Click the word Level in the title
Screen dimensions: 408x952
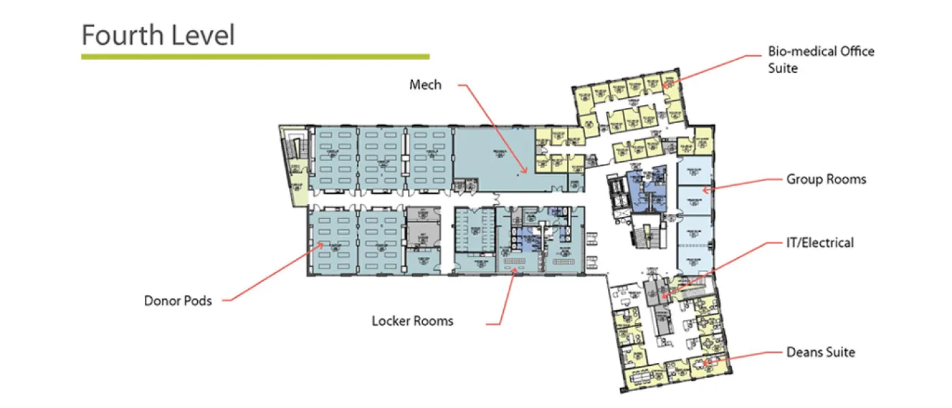coord(203,35)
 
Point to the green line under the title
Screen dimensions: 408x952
coord(255,56)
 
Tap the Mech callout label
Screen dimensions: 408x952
coord(425,85)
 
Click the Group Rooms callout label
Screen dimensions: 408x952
coord(826,180)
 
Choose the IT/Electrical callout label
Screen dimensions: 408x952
coord(819,243)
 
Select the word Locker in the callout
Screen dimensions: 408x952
coord(390,320)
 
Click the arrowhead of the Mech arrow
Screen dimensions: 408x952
coord(526,171)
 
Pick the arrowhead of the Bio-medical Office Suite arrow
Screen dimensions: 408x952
coord(664,86)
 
